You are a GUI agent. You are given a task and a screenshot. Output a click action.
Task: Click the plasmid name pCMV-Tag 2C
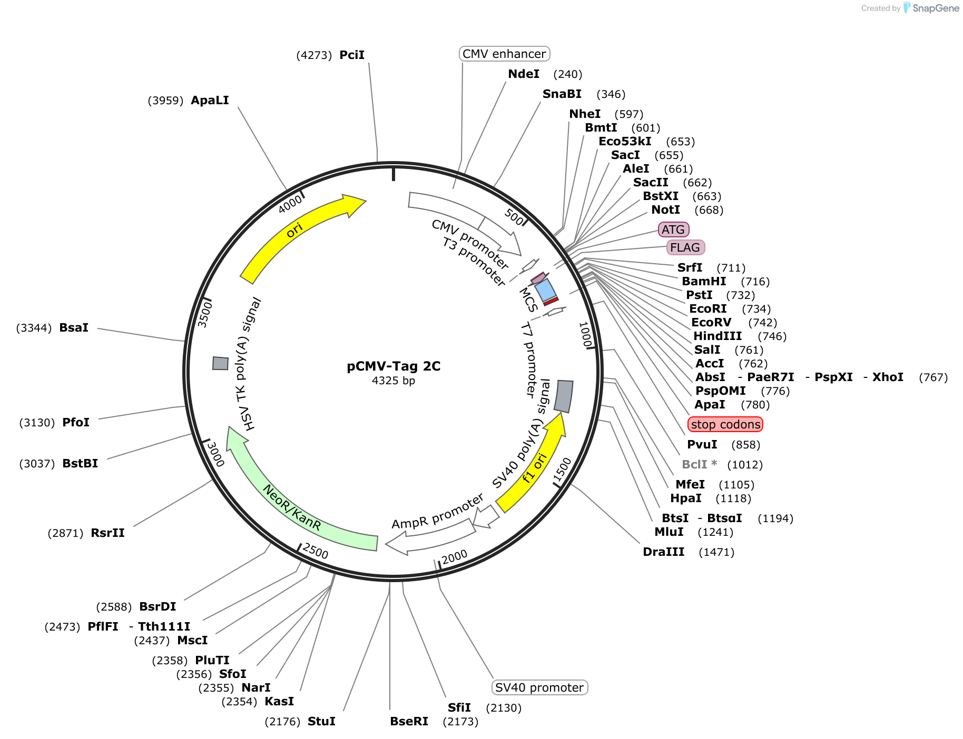(x=394, y=366)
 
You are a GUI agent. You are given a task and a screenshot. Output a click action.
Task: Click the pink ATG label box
(x=673, y=229)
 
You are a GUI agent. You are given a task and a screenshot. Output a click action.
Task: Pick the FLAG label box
(x=685, y=247)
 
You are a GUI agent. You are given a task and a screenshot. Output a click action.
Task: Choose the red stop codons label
(x=725, y=424)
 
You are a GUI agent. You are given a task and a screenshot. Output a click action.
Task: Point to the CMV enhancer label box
(x=504, y=54)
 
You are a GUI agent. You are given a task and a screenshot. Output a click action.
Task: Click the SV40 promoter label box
(x=539, y=687)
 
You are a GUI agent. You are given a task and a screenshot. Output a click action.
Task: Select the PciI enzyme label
(x=352, y=55)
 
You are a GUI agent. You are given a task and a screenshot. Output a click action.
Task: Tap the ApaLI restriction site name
(x=210, y=101)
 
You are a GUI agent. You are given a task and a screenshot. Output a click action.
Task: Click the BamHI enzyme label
(x=704, y=282)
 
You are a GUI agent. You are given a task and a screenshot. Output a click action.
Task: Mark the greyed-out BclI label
(x=699, y=465)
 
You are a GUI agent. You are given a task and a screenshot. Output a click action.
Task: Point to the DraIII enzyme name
(x=664, y=552)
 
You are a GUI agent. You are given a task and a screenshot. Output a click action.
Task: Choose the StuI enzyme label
(x=321, y=722)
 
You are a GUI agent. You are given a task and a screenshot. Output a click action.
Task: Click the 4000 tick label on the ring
(x=290, y=204)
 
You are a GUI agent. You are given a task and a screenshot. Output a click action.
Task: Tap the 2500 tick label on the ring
(x=316, y=552)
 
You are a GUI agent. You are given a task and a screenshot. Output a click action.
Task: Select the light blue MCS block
(x=545, y=289)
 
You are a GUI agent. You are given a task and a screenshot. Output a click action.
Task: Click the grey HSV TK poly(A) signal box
(x=220, y=363)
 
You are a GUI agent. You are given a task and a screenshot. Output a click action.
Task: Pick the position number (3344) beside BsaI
(x=34, y=328)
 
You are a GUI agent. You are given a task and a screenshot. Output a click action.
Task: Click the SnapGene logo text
(x=936, y=8)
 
